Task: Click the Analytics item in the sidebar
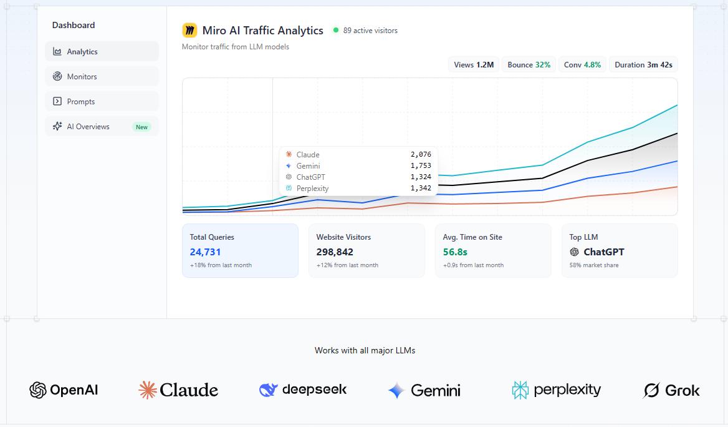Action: coord(101,52)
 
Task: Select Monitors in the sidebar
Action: coord(101,77)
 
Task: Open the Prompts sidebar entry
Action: coord(101,102)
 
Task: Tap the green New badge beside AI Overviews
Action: coord(142,127)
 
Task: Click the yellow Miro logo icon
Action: coord(189,31)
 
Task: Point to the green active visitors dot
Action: coord(336,30)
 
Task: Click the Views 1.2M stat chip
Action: coord(474,65)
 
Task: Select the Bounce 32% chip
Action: coord(529,65)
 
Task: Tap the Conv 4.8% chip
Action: coord(582,65)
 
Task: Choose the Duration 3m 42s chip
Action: coord(643,65)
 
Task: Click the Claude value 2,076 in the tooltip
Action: coord(421,155)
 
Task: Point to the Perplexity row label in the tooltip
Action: coord(312,189)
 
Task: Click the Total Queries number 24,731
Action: coord(206,252)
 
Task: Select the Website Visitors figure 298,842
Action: coord(335,252)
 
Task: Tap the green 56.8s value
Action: coord(455,252)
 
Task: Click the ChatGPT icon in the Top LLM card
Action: coord(574,252)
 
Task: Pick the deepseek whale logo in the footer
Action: coord(268,390)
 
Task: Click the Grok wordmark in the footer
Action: coord(682,391)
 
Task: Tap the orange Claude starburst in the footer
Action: coord(148,390)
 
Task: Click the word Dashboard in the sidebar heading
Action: coord(74,26)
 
